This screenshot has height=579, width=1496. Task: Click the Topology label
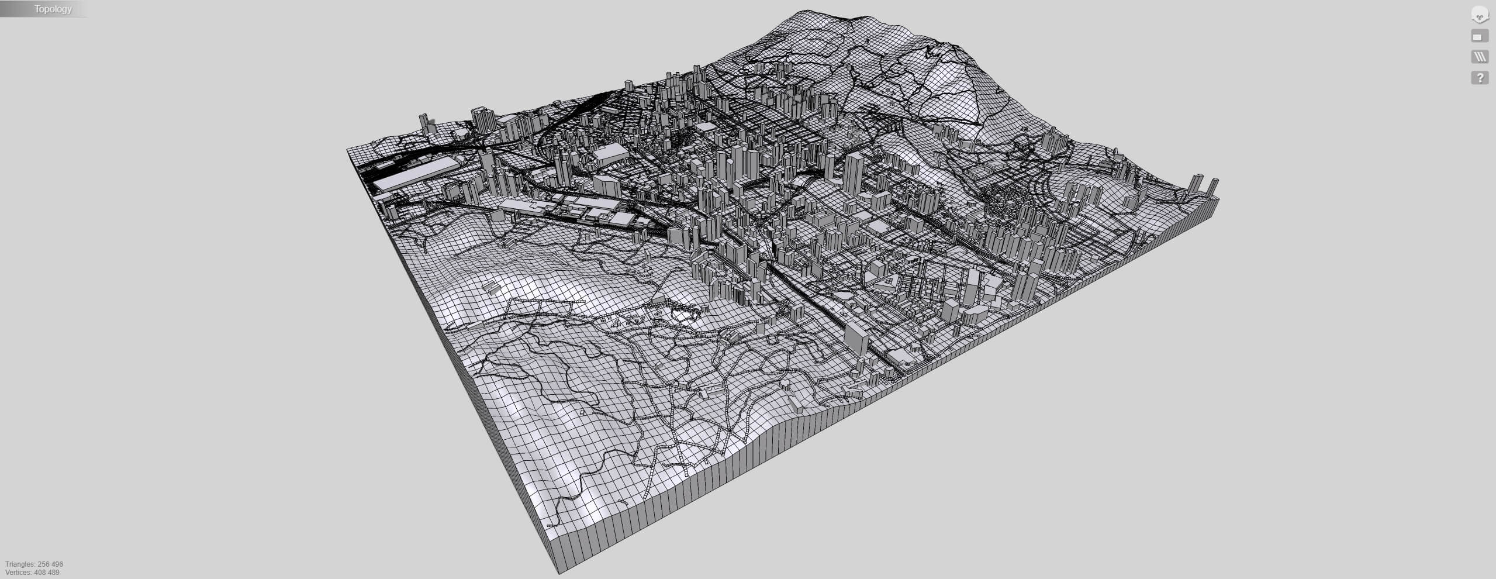coord(53,9)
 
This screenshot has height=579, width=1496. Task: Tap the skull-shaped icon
coord(1480,14)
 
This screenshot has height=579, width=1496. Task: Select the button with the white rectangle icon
coord(1480,36)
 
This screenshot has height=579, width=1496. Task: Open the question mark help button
coord(1480,77)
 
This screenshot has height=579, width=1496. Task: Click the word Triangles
coord(20,564)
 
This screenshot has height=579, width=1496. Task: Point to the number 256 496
coord(50,564)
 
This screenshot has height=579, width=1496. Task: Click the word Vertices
coord(19,573)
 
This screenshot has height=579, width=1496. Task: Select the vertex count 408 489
coord(48,573)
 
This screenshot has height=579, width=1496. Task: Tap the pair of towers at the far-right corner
coord(1204,187)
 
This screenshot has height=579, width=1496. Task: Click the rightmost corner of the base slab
coord(1218,202)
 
